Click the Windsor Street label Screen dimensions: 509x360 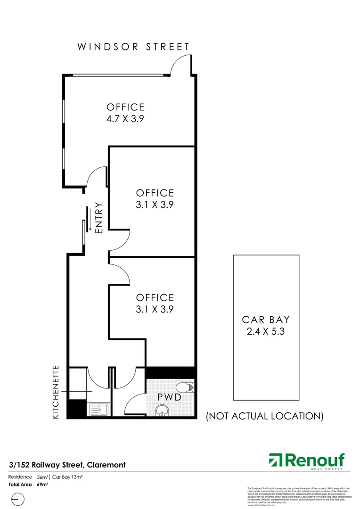133,47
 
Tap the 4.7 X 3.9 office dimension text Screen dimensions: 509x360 125,119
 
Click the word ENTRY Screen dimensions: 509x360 99,218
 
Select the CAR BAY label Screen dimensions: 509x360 266,319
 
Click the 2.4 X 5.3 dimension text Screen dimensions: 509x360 266,331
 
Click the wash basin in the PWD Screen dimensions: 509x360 163,412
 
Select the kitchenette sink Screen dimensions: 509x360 98,409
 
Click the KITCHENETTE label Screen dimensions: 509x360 56,392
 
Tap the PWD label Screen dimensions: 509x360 169,397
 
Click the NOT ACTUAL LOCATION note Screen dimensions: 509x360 265,416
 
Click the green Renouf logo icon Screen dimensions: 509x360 275,460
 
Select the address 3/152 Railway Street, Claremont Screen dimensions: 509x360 67,465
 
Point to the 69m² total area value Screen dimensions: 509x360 43,484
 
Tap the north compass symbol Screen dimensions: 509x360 17,499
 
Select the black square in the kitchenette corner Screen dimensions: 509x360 74,408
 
